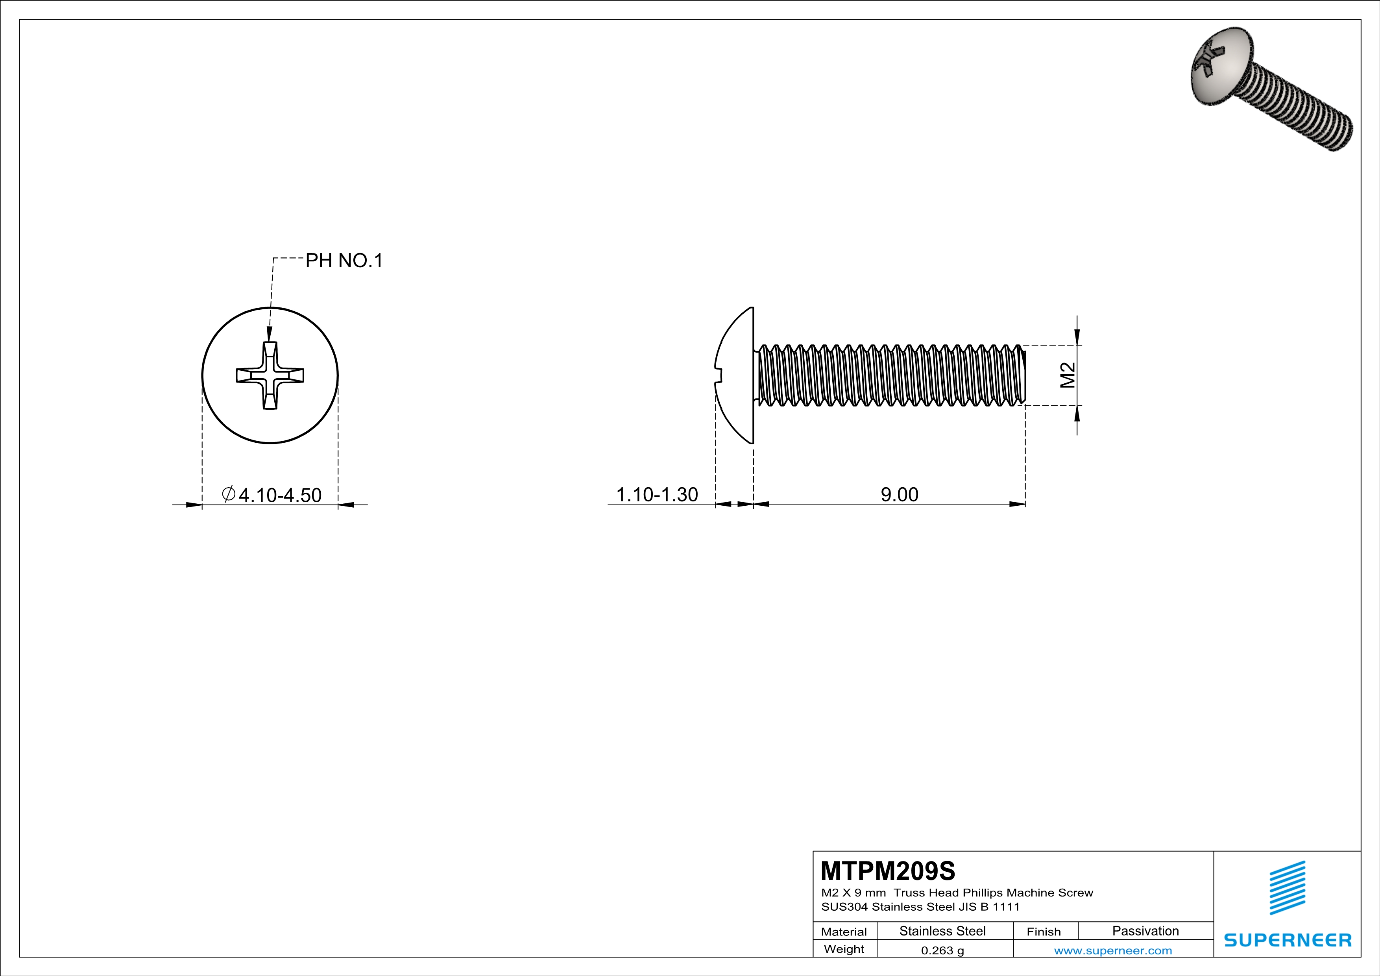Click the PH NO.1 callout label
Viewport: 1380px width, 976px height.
pyautogui.click(x=344, y=261)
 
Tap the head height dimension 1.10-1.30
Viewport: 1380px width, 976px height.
pyautogui.click(x=657, y=495)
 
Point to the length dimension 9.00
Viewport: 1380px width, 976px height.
pyautogui.click(x=899, y=495)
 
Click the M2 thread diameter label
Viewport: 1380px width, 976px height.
pyautogui.click(x=1068, y=375)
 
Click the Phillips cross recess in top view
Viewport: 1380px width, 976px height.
pyautogui.click(x=270, y=375)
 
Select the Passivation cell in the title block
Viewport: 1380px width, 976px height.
pyautogui.click(x=1145, y=931)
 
